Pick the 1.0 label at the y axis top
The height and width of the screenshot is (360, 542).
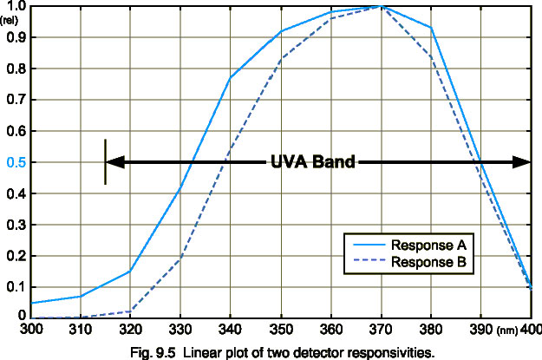[x=15, y=7]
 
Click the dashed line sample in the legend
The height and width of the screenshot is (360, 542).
[x=368, y=260]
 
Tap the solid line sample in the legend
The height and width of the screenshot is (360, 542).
[x=368, y=245]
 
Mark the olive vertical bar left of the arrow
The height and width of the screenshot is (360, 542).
[x=105, y=161]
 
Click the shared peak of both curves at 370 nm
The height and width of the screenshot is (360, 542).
[x=380, y=7]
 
